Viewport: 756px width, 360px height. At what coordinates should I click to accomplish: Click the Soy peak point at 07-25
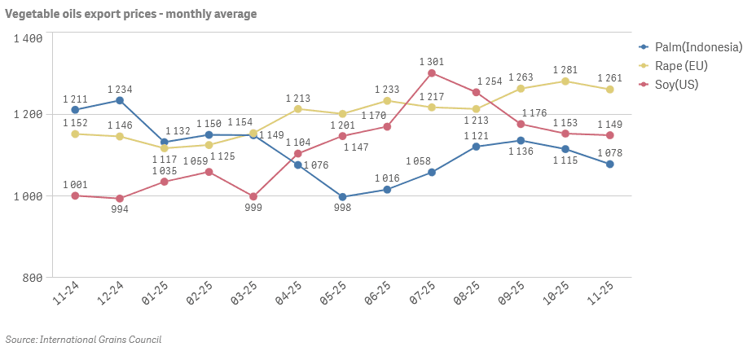(432, 73)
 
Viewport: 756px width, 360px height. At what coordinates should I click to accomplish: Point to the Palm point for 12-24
(120, 100)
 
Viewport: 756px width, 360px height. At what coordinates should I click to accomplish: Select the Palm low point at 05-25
(342, 197)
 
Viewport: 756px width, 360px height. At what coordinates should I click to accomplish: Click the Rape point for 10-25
(565, 81)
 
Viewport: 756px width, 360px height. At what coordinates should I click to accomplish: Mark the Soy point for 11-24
(75, 195)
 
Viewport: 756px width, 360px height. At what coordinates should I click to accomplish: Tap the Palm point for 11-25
(610, 165)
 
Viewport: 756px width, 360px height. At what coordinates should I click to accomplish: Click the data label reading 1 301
(432, 61)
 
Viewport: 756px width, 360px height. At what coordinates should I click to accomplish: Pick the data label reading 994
(120, 209)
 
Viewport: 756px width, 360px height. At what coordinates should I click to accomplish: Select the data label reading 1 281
(565, 70)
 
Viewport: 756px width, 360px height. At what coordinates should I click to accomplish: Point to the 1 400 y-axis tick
(28, 38)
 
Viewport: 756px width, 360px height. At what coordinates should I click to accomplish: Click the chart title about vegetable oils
(130, 14)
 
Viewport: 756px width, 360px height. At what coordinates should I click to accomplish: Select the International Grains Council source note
(83, 339)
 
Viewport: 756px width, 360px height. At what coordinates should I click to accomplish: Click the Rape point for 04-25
(298, 109)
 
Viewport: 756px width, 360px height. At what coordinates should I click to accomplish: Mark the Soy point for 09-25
(521, 125)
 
